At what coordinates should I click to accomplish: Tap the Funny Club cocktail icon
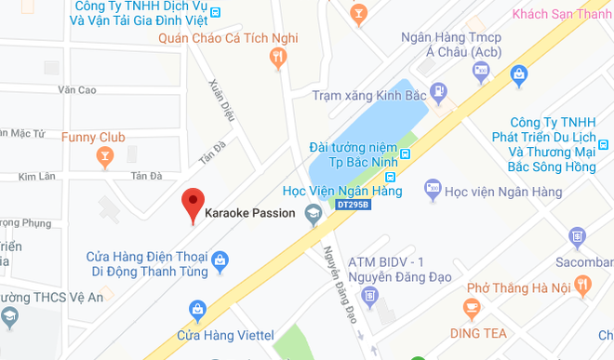pos(104,154)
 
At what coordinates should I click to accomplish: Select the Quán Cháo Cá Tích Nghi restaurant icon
pos(277,59)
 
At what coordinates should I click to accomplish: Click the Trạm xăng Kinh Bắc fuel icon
pos(438,92)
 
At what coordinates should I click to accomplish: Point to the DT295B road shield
pos(354,204)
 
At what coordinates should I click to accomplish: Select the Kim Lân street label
pos(38,176)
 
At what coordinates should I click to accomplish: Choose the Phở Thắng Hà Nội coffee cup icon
pos(472,306)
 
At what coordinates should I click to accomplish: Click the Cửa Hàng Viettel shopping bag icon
pos(197,308)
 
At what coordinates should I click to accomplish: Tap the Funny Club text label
pos(92,136)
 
